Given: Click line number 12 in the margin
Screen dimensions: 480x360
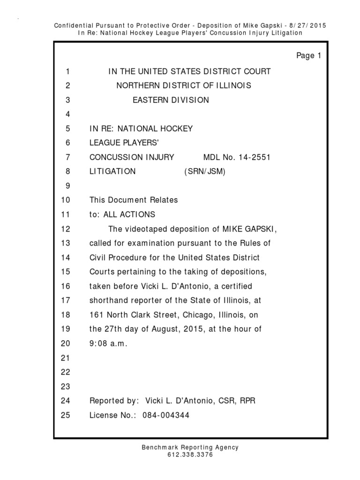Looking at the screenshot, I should click(65, 229).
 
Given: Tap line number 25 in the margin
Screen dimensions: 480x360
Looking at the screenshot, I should click(65, 415).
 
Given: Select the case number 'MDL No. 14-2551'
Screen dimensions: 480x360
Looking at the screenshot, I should click(237, 157).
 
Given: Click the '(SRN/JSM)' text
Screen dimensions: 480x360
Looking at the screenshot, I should click(205, 172).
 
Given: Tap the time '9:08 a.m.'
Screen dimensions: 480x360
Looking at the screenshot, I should click(108, 343).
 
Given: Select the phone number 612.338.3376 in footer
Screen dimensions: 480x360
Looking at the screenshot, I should click(190, 455).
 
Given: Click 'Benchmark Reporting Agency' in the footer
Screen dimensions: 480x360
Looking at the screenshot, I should click(190, 448).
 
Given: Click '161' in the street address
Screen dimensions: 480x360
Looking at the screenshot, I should click(96, 315).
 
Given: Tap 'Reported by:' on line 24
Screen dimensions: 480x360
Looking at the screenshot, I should click(114, 401).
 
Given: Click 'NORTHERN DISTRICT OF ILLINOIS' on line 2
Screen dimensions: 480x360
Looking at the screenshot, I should click(184, 85).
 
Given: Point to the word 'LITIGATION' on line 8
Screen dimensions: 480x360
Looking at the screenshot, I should click(112, 172).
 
